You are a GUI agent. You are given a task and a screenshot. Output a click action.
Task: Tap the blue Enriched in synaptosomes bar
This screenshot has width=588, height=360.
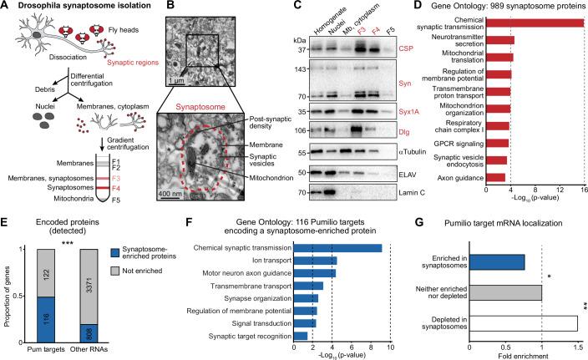(497, 262)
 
